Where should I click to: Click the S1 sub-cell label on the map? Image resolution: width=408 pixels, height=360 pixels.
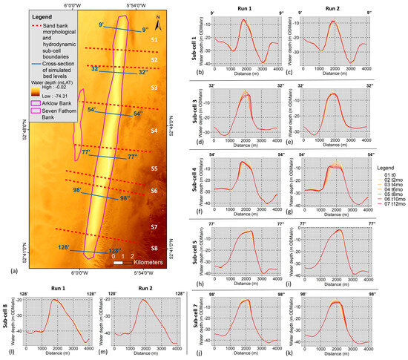coord(154,39)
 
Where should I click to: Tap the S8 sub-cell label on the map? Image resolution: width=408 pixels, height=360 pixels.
coord(154,248)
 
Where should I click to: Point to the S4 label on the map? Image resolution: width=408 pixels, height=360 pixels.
coord(154,131)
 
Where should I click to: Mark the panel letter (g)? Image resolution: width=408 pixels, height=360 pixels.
coord(297,212)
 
